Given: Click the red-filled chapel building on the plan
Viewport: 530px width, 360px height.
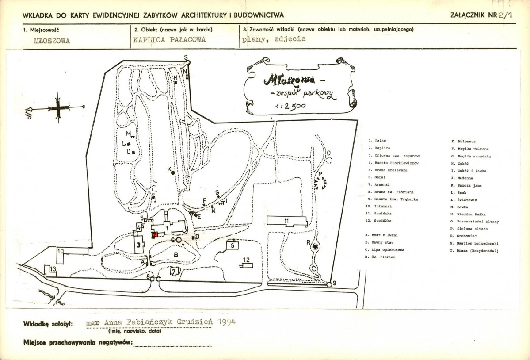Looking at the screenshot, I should (155, 234).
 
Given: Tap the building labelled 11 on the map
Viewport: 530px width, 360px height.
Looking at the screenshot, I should (287, 220).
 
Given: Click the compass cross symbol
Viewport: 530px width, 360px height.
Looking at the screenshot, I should (58, 107).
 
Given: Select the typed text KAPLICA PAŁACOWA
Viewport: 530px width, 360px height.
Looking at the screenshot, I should (170, 39).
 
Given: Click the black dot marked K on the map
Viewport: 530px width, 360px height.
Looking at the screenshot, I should (173, 172).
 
